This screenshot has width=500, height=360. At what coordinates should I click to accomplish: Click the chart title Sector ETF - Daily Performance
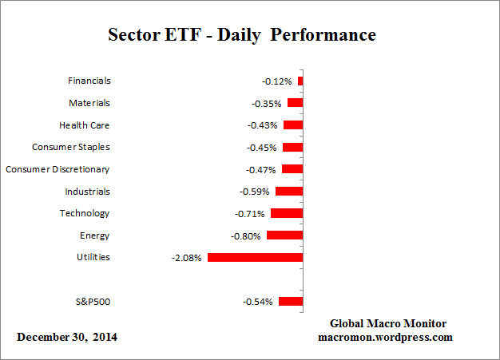(x=241, y=36)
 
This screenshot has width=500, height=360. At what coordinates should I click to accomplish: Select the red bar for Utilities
(x=255, y=258)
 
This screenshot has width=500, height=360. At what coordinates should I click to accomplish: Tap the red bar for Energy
(x=284, y=235)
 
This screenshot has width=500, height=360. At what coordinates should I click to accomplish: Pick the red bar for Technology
(x=287, y=213)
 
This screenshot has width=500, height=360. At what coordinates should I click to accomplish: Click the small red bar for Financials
(x=300, y=81)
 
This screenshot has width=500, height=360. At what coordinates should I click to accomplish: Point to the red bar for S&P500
(x=291, y=302)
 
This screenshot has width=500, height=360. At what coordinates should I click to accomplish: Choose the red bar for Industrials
(x=289, y=192)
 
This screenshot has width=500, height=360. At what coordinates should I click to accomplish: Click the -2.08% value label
(x=187, y=258)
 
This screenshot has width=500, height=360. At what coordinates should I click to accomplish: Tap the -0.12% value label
(x=277, y=81)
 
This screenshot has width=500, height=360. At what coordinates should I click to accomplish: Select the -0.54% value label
(x=258, y=302)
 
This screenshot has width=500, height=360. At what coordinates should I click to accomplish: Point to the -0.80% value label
(x=246, y=236)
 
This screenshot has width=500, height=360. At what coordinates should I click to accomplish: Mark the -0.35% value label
(x=267, y=104)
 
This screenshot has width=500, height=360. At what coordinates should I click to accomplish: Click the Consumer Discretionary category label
(x=58, y=169)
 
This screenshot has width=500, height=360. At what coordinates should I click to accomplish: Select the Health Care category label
(x=84, y=125)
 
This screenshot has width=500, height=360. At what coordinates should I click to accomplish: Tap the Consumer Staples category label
(x=71, y=147)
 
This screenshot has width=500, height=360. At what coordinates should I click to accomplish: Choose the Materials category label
(x=89, y=103)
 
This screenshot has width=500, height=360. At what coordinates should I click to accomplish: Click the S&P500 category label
(x=91, y=302)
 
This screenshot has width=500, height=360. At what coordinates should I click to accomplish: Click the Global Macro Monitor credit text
(x=388, y=323)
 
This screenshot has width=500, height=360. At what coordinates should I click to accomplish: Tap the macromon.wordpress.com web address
(x=386, y=337)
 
